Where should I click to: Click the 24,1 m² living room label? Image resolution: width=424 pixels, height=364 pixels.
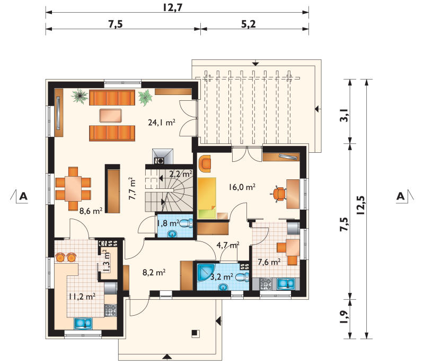(162, 123)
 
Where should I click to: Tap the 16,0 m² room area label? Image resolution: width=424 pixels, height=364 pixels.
(242, 187)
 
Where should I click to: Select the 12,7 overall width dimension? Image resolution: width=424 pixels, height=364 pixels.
(172, 7)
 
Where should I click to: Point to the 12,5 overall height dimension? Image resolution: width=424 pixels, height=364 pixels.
(361, 205)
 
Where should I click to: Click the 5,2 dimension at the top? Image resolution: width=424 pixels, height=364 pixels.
(248, 24)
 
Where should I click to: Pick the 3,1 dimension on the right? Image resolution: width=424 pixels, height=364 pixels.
(344, 115)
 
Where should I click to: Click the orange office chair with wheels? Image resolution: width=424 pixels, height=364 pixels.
(279, 194)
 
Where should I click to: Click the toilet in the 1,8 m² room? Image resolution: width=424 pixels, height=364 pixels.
(186, 223)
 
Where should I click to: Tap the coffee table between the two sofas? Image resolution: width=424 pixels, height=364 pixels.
(111, 116)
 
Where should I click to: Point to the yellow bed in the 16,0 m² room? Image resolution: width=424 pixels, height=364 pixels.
(207, 198)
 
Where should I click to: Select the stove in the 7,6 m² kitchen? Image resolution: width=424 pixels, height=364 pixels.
(266, 284)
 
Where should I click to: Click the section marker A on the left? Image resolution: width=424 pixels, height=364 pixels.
(23, 196)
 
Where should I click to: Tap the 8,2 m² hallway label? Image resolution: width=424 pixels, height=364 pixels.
(154, 272)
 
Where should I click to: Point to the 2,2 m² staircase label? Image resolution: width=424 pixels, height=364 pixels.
(181, 174)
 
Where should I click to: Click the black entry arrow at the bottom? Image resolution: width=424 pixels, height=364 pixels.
(167, 357)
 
